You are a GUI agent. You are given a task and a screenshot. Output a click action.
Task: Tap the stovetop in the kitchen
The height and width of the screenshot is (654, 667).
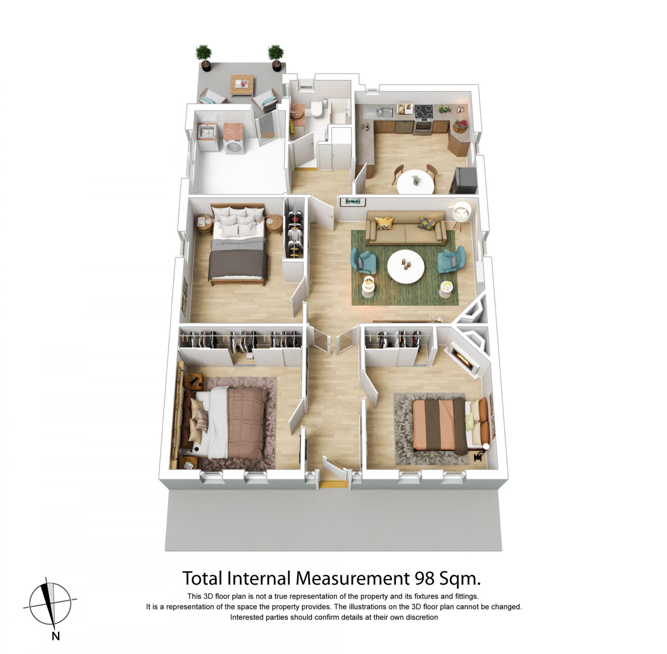coord(424,112)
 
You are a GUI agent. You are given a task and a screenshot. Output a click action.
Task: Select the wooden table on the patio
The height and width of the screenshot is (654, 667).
coord(242,85)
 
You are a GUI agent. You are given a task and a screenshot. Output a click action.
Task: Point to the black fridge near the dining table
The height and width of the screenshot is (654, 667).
coord(466,180)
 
